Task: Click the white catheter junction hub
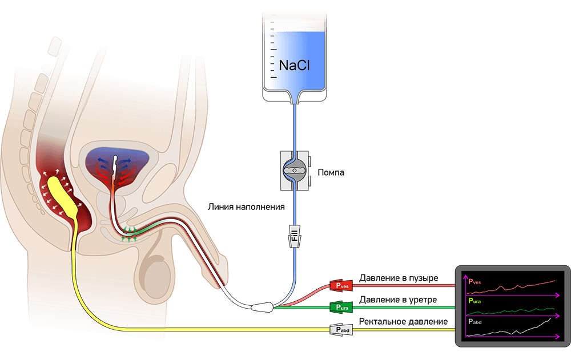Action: (264, 308)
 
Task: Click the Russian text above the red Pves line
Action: (399, 278)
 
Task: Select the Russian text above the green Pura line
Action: (399, 300)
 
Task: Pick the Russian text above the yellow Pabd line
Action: (403, 322)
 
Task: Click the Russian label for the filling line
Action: (246, 207)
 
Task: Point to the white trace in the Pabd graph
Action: (520, 330)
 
